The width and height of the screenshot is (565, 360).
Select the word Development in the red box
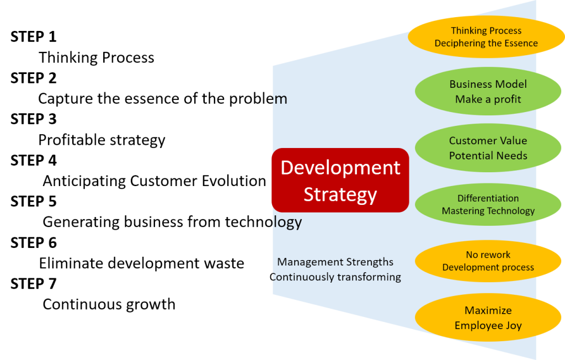[x=340, y=168]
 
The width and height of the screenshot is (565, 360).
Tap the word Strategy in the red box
[x=340, y=194]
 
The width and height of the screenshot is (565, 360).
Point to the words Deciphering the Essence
[x=486, y=43]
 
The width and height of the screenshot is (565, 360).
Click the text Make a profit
[x=488, y=99]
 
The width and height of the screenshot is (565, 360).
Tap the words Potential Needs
[x=488, y=156]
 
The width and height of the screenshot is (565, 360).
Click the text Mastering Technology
[x=488, y=211]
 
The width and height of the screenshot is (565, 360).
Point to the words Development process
[x=488, y=267]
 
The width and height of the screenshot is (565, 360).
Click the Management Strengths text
[x=335, y=262]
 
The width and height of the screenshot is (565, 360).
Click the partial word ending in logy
[x=287, y=222]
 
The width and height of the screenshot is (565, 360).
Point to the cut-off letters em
[x=280, y=99]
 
